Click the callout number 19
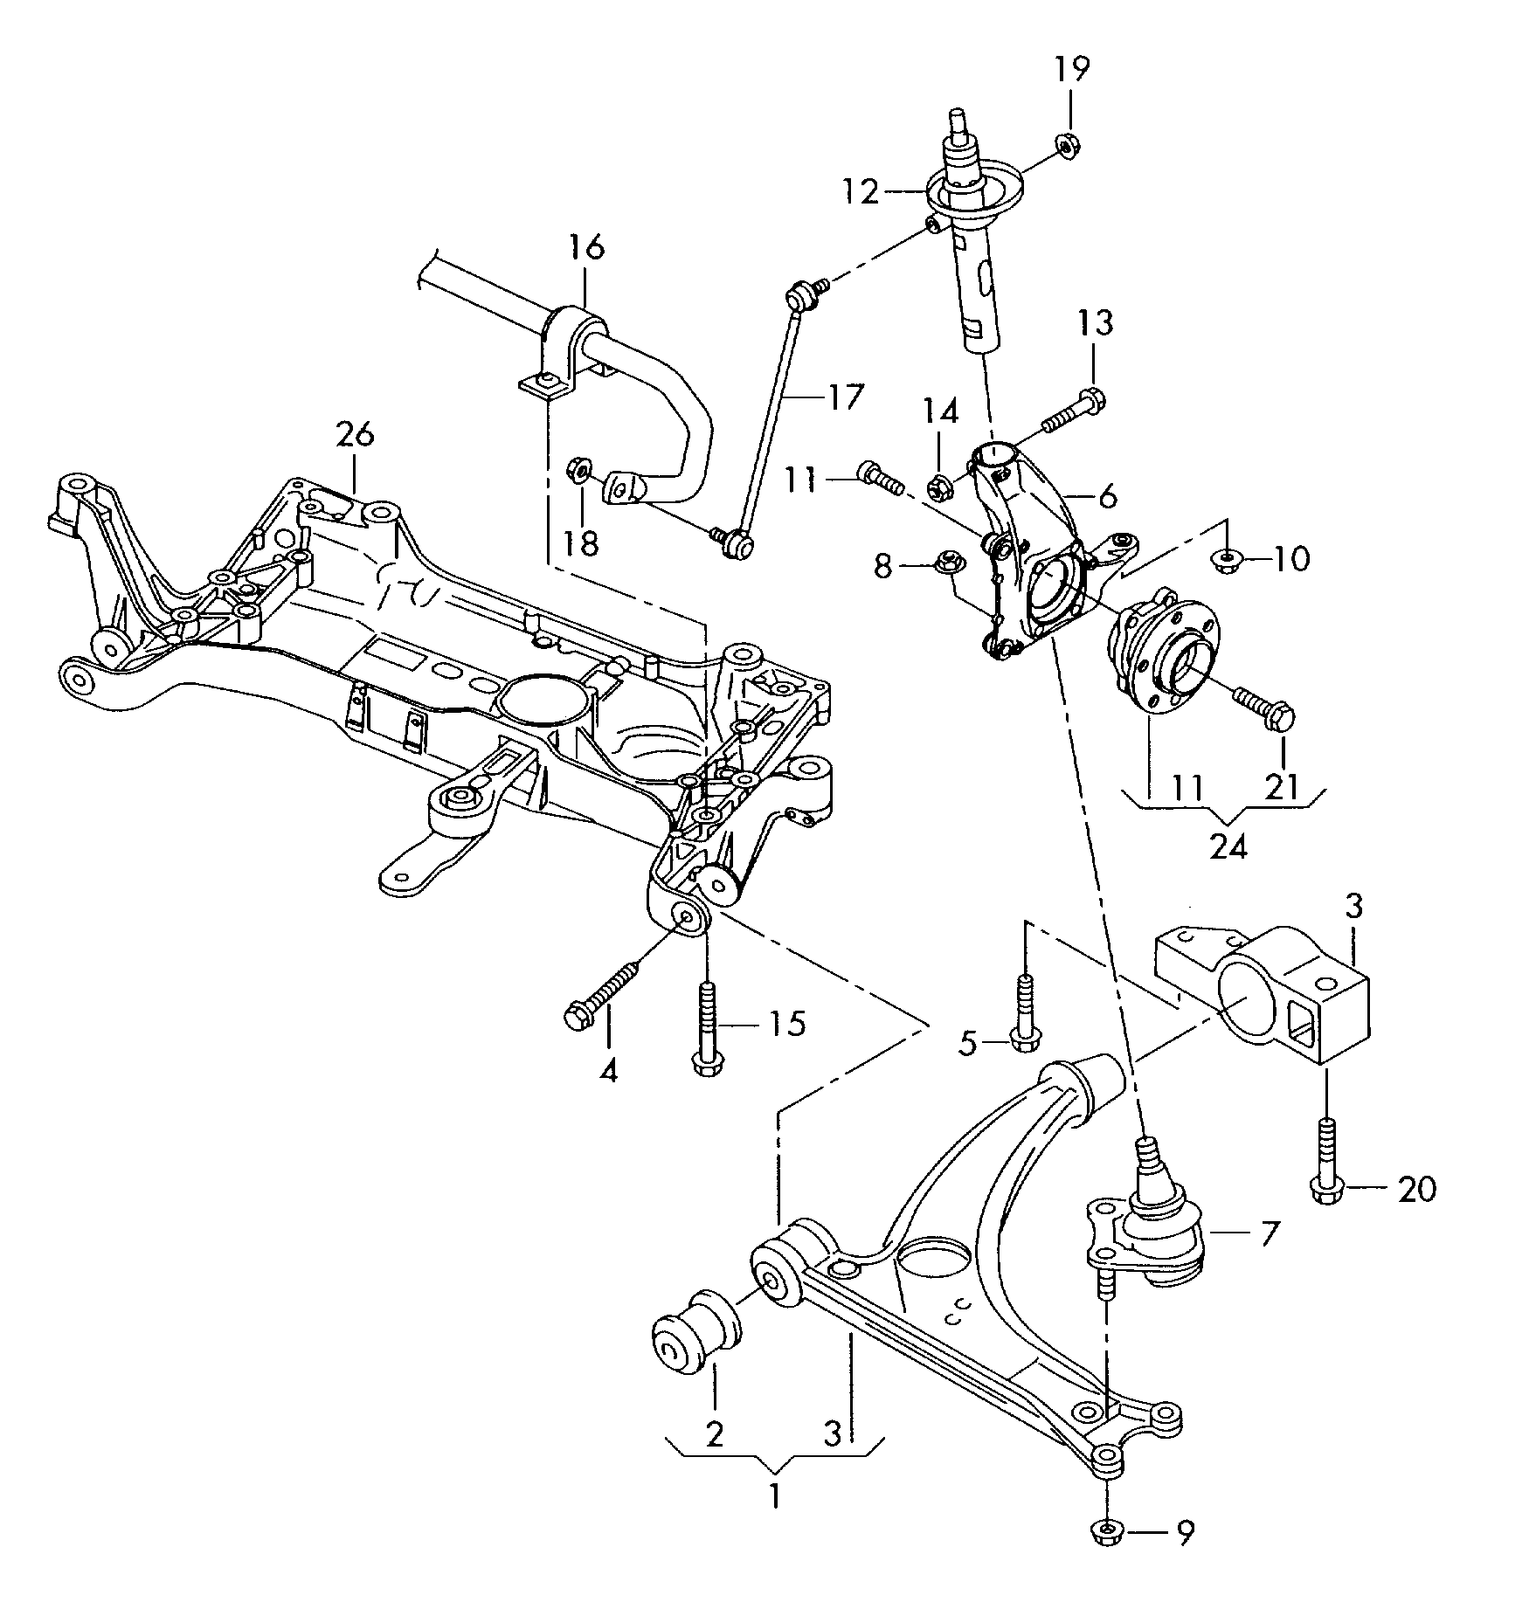1071,69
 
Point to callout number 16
586,247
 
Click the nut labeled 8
946,563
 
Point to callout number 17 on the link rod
843,397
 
